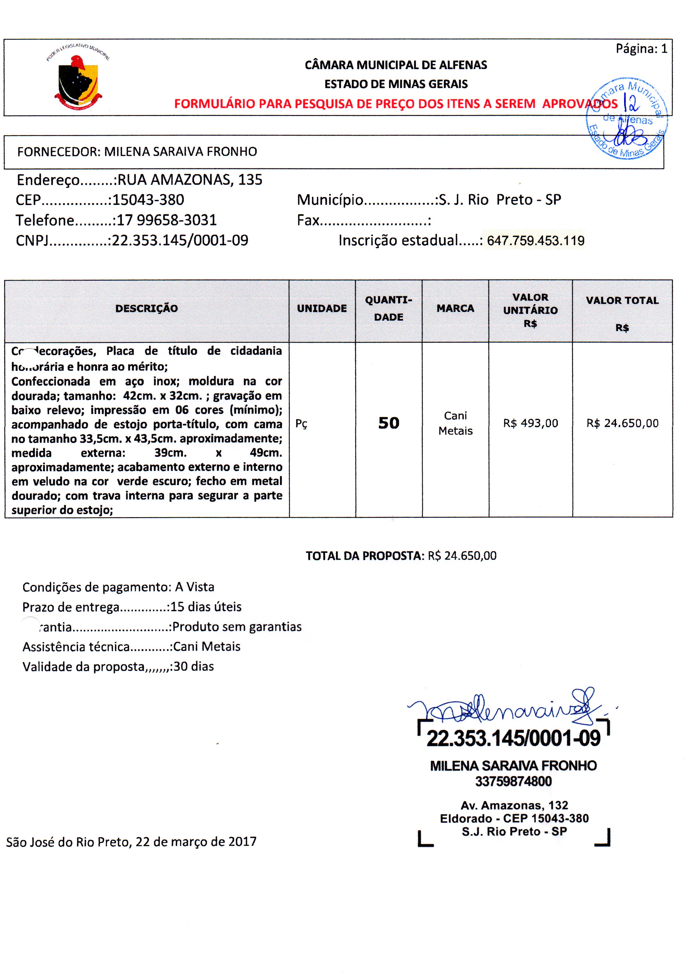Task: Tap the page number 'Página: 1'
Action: tap(641, 49)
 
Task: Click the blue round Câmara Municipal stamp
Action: tap(627, 118)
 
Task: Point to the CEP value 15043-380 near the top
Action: tap(148, 200)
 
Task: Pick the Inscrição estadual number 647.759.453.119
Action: tap(536, 241)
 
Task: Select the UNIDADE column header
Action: tap(322, 309)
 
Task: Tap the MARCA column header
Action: tap(455, 309)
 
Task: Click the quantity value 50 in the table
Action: tap(389, 423)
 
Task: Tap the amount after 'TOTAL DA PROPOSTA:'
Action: tap(462, 556)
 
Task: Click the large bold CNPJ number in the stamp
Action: tap(513, 738)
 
